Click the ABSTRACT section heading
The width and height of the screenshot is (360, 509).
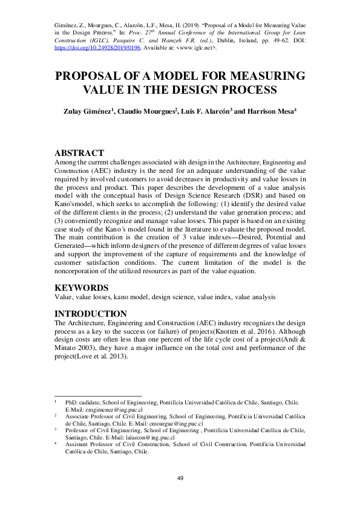click(x=79, y=153)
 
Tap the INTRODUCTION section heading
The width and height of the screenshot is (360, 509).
click(x=91, y=314)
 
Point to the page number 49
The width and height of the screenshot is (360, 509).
click(x=180, y=478)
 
